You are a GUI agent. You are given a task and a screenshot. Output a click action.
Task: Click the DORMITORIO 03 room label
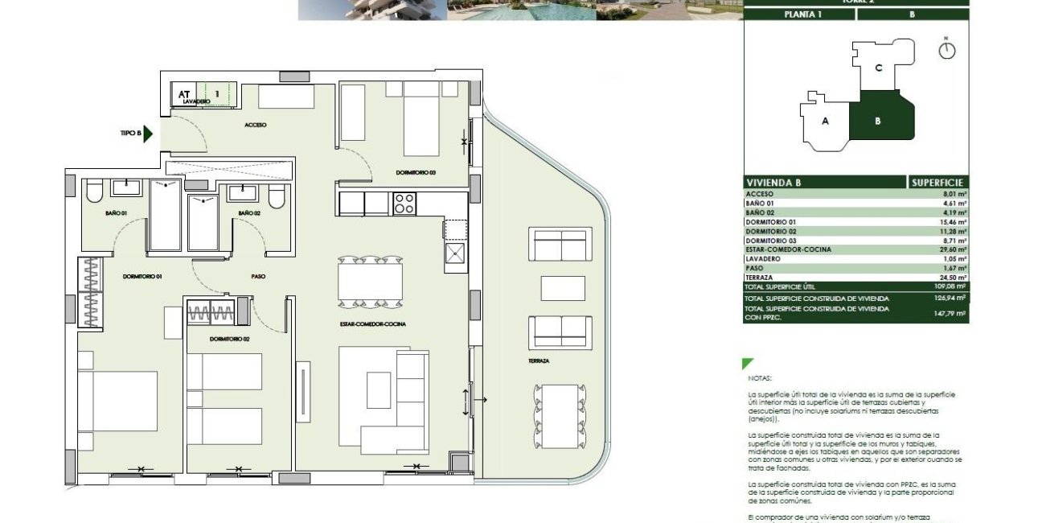pos(416,173)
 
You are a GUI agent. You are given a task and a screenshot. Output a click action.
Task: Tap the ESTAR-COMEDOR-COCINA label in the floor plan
pos(372,323)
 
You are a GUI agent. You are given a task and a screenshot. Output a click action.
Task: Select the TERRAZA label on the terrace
pos(540,361)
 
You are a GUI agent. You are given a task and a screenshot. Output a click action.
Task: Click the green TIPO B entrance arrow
pos(148,134)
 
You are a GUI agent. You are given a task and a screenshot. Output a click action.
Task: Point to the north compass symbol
pos(948,50)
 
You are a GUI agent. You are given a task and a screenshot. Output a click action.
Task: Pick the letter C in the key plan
pos(878,68)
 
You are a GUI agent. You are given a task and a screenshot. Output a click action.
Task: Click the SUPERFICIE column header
pos(937,183)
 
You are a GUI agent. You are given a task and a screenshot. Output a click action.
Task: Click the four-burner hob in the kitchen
pos(404,204)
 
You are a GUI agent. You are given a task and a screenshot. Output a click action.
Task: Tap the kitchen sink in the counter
pos(456,255)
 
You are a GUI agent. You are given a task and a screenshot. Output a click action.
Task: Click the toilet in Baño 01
pos(94,191)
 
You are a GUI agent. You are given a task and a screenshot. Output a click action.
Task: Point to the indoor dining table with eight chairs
pos(371,282)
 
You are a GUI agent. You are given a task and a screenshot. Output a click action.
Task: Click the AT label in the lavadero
pos(184,93)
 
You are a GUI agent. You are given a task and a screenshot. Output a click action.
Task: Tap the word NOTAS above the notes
pos(758,377)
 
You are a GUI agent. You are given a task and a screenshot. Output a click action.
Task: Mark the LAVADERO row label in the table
pos(764,259)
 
